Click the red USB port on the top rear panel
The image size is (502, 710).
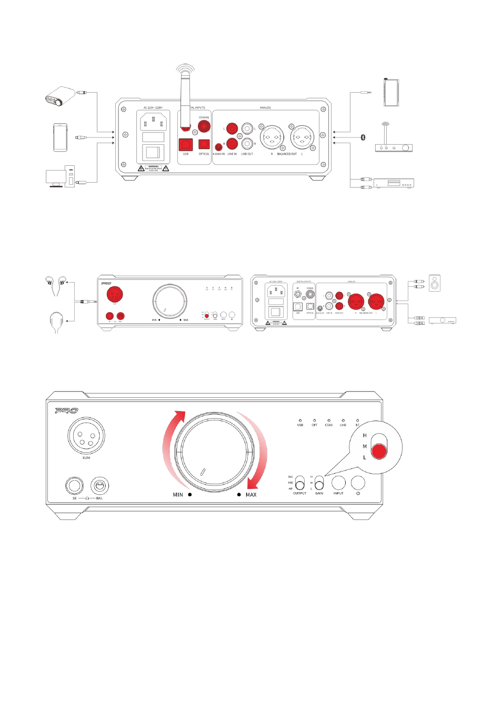(x=186, y=145)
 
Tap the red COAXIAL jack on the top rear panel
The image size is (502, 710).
(x=204, y=126)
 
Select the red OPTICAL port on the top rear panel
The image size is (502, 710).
(x=204, y=145)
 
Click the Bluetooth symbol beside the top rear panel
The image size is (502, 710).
(x=363, y=137)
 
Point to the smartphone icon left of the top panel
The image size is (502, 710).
(x=60, y=137)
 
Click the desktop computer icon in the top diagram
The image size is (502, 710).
(x=60, y=177)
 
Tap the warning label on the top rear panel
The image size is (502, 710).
(x=153, y=168)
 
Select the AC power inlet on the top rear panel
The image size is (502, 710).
(x=153, y=122)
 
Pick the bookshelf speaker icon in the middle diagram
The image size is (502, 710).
(x=434, y=283)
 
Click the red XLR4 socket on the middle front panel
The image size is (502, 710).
(x=115, y=294)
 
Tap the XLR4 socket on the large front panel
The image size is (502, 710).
(x=86, y=436)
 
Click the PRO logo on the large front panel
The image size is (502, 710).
(x=67, y=411)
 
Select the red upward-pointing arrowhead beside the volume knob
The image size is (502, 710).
(x=180, y=416)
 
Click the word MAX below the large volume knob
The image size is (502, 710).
(x=251, y=495)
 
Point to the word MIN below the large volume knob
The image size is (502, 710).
(x=178, y=495)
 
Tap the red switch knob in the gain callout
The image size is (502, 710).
(x=379, y=451)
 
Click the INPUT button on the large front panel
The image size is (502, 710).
(x=338, y=482)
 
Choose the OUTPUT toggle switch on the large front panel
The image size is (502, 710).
(x=299, y=482)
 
